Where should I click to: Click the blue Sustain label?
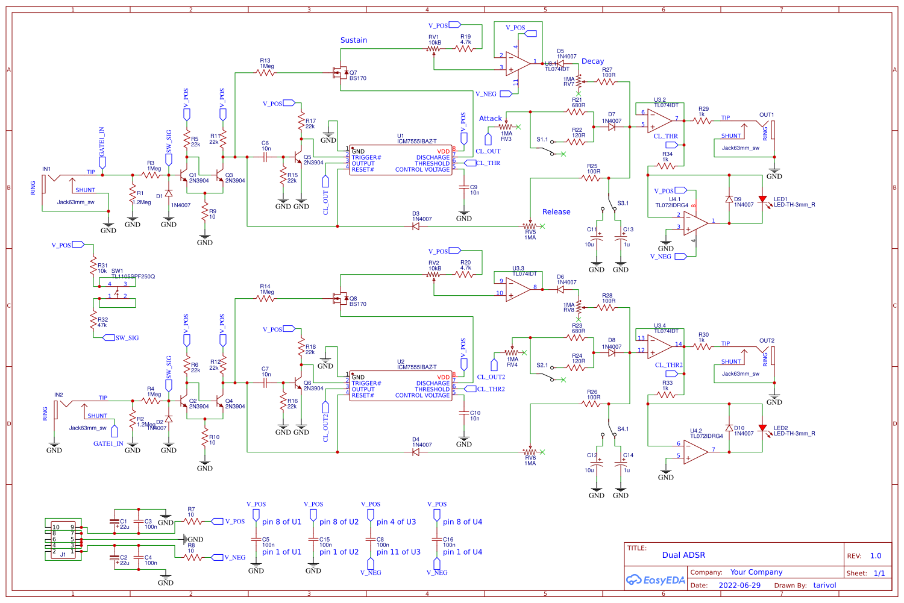[353, 40]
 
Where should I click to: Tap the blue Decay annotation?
[592, 61]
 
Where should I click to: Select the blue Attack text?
[490, 119]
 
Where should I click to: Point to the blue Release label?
[556, 212]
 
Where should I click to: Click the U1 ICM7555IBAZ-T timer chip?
[401, 160]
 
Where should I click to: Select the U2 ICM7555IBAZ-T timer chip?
[401, 386]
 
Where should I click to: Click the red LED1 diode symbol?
[762, 199]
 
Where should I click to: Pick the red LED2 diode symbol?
[762, 428]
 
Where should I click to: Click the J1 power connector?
[63, 539]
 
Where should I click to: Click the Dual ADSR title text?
[683, 555]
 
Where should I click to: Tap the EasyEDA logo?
[656, 580]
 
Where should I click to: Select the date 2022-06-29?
[739, 586]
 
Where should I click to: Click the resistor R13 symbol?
[265, 73]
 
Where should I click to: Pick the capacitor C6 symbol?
[265, 157]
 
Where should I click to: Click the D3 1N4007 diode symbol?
[416, 227]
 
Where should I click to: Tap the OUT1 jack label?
[766, 115]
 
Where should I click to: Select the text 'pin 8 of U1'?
[281, 522]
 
